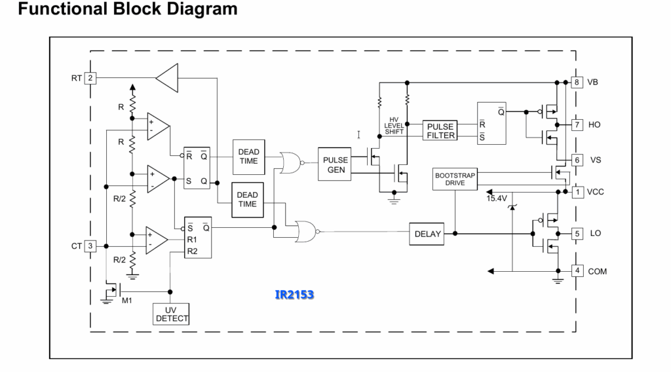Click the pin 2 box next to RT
click(90, 78)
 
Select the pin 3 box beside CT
click(90, 246)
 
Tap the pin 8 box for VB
click(577, 82)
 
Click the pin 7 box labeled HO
click(577, 124)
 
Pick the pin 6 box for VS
click(577, 160)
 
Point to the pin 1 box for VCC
click(578, 192)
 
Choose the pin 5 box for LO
click(577, 233)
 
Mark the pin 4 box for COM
click(577, 270)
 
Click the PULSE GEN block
click(335, 164)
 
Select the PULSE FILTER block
click(440, 130)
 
